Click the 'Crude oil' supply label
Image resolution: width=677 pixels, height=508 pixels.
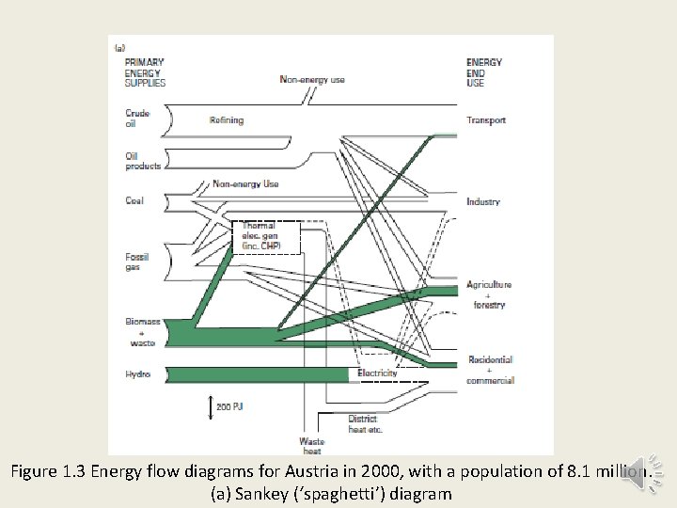click(x=137, y=118)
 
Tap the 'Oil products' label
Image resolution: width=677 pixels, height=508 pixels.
click(x=143, y=161)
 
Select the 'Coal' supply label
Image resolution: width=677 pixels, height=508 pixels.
click(x=134, y=200)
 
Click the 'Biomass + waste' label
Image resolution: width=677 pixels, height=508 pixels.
click(x=143, y=331)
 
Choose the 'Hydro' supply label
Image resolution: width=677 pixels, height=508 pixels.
click(x=137, y=374)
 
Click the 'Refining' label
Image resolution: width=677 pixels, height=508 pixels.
click(x=227, y=120)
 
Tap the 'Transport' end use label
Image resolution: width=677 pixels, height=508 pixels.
click(x=486, y=120)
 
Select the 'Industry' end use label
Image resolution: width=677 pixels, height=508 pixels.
click(x=483, y=202)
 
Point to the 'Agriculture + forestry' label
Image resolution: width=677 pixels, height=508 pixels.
click(x=489, y=294)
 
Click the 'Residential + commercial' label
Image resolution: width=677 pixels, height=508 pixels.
click(x=491, y=370)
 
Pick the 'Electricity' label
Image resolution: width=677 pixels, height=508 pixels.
click(x=378, y=373)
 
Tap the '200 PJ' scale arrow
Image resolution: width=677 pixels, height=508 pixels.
click(x=210, y=406)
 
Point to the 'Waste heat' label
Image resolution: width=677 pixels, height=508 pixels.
click(x=312, y=445)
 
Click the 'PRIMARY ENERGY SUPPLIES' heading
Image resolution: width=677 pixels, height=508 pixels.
click(x=145, y=72)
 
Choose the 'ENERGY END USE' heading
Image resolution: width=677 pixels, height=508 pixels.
click(x=484, y=72)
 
